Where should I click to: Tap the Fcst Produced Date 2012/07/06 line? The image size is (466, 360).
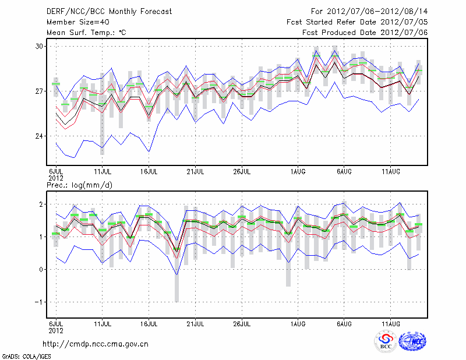point(365,33)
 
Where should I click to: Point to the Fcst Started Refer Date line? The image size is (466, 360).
point(357,22)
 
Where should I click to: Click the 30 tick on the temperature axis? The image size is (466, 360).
point(39,46)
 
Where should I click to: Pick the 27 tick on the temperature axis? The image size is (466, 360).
point(39,91)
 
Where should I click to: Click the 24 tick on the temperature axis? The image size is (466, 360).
point(39,136)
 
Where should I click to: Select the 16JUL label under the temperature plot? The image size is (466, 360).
point(149,171)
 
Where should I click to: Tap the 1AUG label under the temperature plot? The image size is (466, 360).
point(298,171)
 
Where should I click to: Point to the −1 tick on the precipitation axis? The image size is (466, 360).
point(39,302)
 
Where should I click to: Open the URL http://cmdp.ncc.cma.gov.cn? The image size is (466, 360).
point(96,344)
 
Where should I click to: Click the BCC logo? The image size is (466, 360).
point(385,341)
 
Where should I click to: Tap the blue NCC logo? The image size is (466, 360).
point(412,341)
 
